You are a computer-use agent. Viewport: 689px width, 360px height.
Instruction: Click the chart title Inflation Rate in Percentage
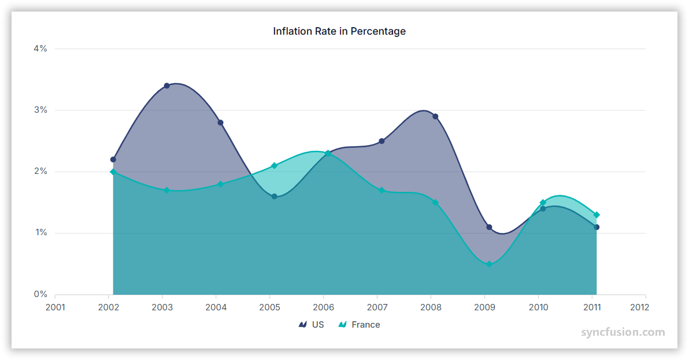[x=339, y=31]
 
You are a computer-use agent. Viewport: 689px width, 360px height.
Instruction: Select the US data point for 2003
[x=166, y=86]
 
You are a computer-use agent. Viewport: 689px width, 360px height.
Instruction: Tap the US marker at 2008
[x=435, y=116]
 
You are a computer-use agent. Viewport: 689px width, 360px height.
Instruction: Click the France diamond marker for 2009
[x=489, y=264]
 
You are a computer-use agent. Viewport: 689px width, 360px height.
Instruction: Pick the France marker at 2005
[x=274, y=166]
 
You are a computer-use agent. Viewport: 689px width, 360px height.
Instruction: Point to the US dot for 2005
[x=274, y=196]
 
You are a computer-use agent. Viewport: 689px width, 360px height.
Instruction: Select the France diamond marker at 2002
[x=113, y=172]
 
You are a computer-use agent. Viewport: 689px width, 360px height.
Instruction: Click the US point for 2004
[x=220, y=123]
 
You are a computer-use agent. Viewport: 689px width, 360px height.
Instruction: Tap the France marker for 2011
[x=597, y=215]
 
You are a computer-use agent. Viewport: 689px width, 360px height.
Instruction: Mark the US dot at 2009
[x=489, y=227]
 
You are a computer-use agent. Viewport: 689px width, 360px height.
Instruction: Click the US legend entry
[x=312, y=325]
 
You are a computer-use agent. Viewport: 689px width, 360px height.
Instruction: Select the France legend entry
[x=359, y=325]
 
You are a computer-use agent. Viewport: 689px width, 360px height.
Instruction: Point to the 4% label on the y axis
[x=40, y=49]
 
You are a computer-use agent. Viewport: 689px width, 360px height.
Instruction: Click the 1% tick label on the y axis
[x=40, y=233]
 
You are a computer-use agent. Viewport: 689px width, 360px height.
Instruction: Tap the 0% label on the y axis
[x=40, y=294]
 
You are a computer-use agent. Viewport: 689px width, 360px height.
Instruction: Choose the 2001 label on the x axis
[x=55, y=307]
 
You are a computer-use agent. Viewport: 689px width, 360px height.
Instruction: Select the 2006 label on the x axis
[x=324, y=307]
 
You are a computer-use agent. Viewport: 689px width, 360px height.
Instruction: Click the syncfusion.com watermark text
[x=623, y=332]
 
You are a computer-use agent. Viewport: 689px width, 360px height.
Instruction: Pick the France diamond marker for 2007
[x=381, y=190]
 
